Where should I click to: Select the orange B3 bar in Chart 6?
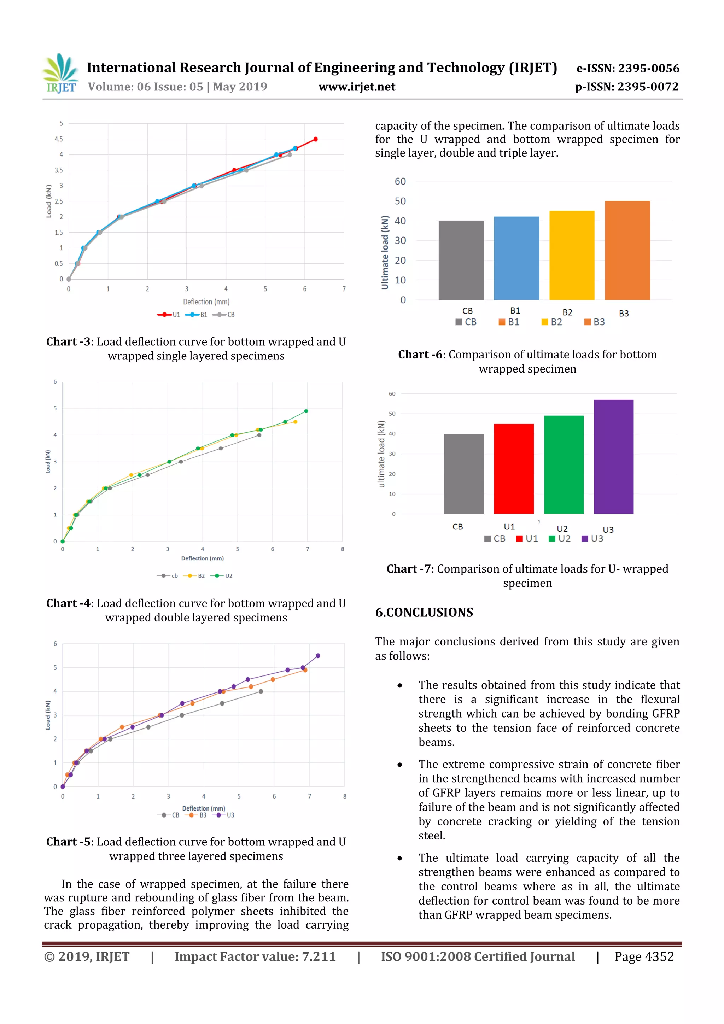coord(627,250)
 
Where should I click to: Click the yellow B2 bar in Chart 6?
coord(571,255)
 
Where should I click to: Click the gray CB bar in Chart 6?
coord(461,260)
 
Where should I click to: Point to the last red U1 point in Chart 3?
coord(315,139)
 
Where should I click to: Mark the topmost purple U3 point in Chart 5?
coord(317,656)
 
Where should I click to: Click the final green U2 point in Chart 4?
coord(305,411)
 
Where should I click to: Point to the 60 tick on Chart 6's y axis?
coord(400,182)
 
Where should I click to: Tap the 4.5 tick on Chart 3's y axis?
coord(59,139)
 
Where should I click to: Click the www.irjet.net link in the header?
coord(356,87)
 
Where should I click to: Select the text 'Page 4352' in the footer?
coord(644,956)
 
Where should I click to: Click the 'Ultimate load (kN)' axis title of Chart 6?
coord(385,252)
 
